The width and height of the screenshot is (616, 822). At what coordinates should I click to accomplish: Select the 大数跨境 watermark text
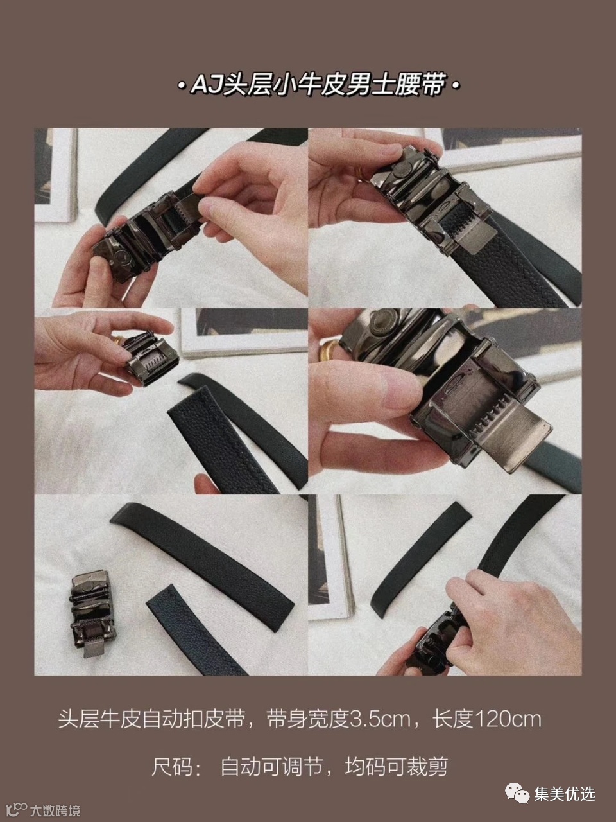tap(55, 810)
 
